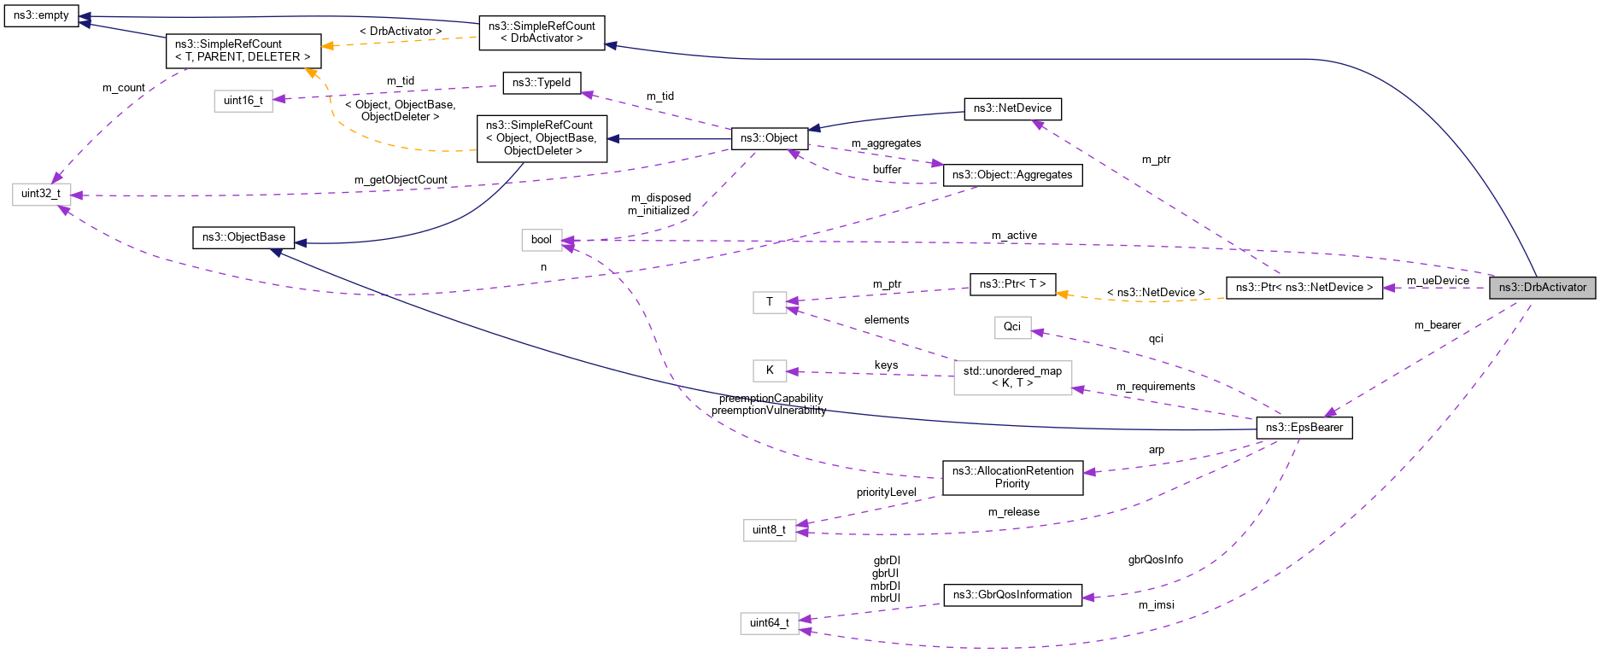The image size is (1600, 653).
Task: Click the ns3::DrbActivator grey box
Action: (x=1542, y=288)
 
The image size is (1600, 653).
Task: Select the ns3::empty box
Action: (x=41, y=15)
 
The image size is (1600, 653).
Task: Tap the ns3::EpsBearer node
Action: (x=1304, y=428)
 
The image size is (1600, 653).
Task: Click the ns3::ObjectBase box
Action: (x=243, y=237)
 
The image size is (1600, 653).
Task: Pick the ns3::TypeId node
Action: (x=542, y=83)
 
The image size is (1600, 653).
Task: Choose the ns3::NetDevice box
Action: (x=1012, y=108)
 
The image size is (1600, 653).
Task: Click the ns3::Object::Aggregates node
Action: (x=1012, y=175)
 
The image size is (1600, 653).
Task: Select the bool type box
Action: (x=542, y=240)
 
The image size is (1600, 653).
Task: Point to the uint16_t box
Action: (x=243, y=101)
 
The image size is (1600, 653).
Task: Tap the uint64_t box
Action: (x=770, y=623)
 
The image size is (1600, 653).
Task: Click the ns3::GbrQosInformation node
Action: (x=1012, y=595)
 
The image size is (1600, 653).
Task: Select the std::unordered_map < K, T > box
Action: (x=1012, y=377)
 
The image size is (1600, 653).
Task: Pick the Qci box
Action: (x=1012, y=327)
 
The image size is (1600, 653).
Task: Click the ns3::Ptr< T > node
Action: (x=1012, y=284)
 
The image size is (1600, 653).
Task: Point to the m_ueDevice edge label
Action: (x=1438, y=281)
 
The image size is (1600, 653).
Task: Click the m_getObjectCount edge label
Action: (x=401, y=180)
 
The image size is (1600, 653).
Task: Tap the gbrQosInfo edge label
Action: (x=1155, y=560)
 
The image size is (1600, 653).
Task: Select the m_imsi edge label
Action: (x=1156, y=605)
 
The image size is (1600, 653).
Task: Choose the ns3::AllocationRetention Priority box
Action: (x=1012, y=477)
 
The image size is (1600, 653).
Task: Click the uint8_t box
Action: (x=769, y=530)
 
